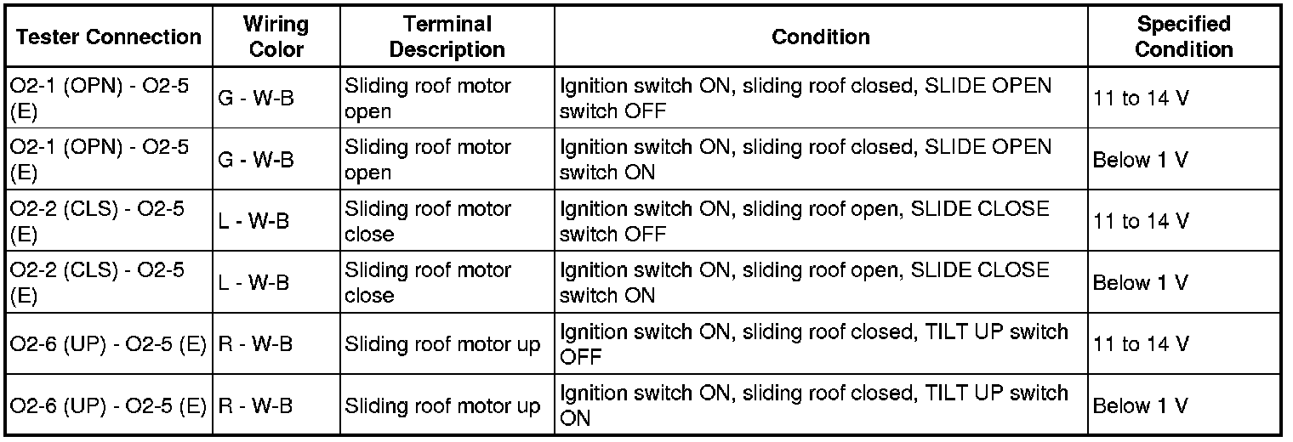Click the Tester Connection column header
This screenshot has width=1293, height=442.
[x=108, y=37]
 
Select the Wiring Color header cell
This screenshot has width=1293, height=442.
[x=276, y=37]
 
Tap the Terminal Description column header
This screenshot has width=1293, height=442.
[x=447, y=37]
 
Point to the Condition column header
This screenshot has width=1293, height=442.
[x=820, y=37]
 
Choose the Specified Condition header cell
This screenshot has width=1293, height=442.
[x=1183, y=37]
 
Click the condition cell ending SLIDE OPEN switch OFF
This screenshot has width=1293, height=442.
[x=806, y=99]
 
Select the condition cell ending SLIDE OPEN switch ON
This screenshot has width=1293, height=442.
[x=806, y=160]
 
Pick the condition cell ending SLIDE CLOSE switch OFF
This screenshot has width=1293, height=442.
[x=804, y=221]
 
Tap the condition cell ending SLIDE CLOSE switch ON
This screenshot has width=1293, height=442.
[x=804, y=282]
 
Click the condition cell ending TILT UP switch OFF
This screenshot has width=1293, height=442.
[x=813, y=343]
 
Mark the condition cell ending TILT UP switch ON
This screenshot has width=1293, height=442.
[x=813, y=405]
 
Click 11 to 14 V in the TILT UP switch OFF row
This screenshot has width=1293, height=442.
[x=1141, y=344]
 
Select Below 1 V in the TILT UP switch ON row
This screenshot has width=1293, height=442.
[x=1140, y=405]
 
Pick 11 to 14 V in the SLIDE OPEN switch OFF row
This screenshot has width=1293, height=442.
[x=1141, y=99]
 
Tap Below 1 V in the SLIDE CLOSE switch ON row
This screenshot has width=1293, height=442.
[x=1140, y=283]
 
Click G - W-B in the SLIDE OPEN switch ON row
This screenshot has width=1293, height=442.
[x=256, y=160]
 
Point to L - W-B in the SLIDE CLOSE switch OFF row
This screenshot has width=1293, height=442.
[x=253, y=221]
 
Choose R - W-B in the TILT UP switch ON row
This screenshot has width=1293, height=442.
[x=255, y=405]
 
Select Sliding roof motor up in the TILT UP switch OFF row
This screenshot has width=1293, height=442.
[x=442, y=344]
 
